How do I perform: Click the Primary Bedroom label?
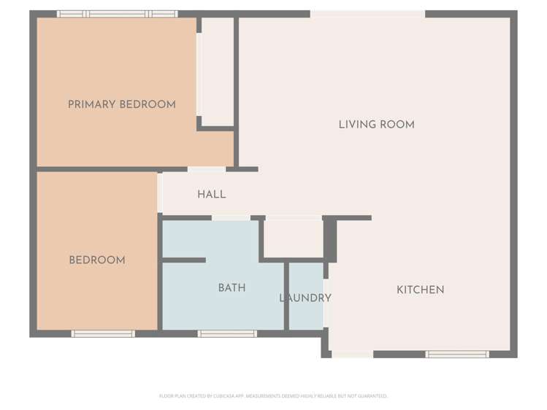tap(121, 104)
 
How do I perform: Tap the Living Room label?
tap(376, 125)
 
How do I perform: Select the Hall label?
tap(211, 195)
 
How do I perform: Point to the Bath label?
tap(232, 288)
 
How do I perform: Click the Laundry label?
tap(305, 298)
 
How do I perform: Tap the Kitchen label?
tap(420, 290)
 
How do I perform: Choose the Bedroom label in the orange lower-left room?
tap(96, 260)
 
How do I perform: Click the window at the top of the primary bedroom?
tap(118, 14)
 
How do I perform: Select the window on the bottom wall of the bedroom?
tap(103, 334)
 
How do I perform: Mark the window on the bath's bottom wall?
tap(227, 334)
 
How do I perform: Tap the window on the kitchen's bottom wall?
tap(457, 355)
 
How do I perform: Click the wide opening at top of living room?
tap(367, 14)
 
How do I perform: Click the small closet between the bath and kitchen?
tap(292, 237)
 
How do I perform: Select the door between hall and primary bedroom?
tap(206, 169)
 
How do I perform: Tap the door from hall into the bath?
tap(231, 217)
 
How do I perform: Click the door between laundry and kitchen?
tap(326, 303)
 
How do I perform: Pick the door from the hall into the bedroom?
tap(160, 193)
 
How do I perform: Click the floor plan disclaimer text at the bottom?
tap(273, 396)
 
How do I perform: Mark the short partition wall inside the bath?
tap(183, 260)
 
